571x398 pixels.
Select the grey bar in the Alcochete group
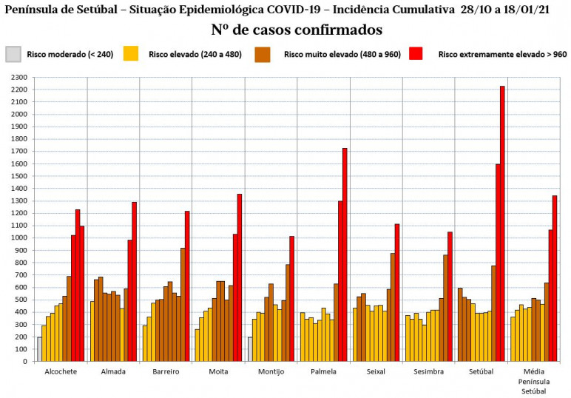pyautogui.click(x=39, y=349)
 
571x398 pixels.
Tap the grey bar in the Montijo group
pyautogui.click(x=250, y=349)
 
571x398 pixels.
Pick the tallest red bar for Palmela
pyautogui.click(x=345, y=254)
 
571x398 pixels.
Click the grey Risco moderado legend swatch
pyautogui.click(x=13, y=54)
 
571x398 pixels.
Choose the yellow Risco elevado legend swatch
pyautogui.click(x=131, y=54)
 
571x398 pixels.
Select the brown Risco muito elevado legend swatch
pyautogui.click(x=263, y=54)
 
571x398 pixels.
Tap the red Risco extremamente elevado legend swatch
pyautogui.click(x=416, y=54)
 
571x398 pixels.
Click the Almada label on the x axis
pyautogui.click(x=113, y=371)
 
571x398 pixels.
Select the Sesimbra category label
pyautogui.click(x=429, y=371)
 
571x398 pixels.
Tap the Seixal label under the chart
pyautogui.click(x=376, y=371)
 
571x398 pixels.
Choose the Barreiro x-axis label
pyautogui.click(x=166, y=371)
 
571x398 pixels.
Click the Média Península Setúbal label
pyautogui.click(x=533, y=380)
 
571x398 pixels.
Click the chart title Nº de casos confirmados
pyautogui.click(x=296, y=30)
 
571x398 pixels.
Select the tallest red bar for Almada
pyautogui.click(x=135, y=282)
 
